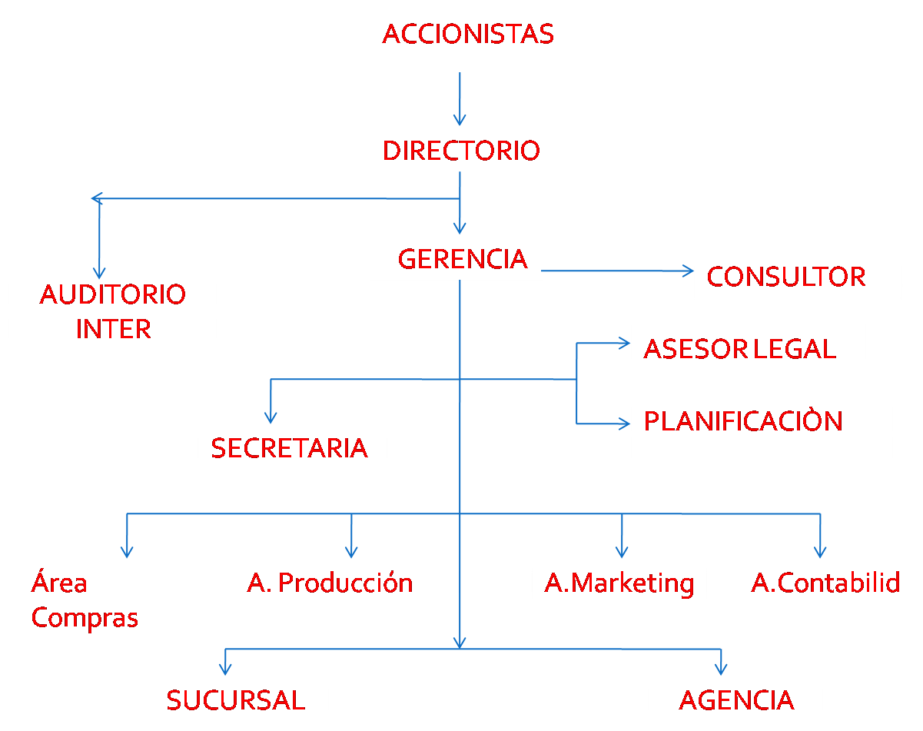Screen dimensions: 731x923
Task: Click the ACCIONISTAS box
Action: click(x=473, y=36)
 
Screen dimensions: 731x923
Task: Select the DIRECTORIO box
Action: click(x=473, y=150)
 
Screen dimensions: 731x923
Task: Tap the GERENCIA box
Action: click(x=457, y=258)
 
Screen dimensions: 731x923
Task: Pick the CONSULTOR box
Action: click(x=797, y=276)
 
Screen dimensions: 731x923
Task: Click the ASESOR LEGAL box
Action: click(x=747, y=348)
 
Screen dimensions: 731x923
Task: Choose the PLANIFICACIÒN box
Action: click(x=761, y=428)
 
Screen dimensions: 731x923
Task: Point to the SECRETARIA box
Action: click(x=293, y=447)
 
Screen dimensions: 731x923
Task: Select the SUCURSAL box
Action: click(x=241, y=699)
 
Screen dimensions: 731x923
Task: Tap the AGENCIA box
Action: click(x=735, y=699)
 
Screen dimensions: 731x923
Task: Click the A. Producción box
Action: click(x=329, y=583)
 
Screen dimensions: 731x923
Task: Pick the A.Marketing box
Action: click(x=619, y=583)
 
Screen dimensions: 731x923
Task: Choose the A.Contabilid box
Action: click(x=826, y=583)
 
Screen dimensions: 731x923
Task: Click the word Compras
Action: click(x=85, y=618)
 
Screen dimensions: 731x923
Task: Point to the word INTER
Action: click(x=113, y=329)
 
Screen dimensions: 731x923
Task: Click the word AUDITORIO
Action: click(x=113, y=294)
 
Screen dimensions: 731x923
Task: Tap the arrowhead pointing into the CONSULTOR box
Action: click(x=688, y=271)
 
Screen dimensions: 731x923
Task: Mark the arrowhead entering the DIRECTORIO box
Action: click(x=460, y=120)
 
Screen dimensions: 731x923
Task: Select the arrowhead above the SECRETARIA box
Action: click(x=271, y=417)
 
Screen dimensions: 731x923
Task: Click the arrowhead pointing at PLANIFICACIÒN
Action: click(x=625, y=424)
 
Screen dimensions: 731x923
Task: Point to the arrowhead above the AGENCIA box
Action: click(x=721, y=669)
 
